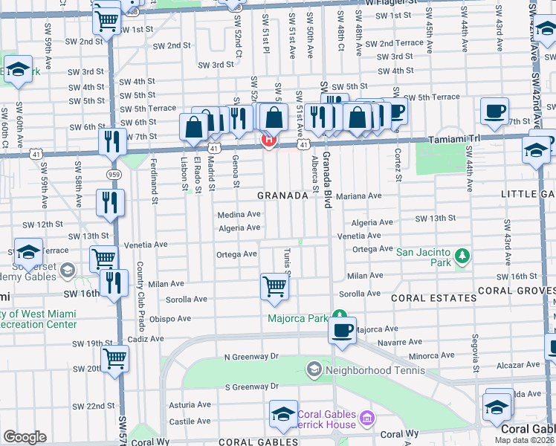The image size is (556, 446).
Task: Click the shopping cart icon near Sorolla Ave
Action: (x=274, y=286)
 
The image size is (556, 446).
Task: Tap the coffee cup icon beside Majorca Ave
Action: (x=342, y=330)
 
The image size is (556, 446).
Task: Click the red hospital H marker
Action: (x=268, y=139)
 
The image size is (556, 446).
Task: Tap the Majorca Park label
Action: (x=298, y=318)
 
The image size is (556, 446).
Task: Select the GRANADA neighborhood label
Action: (x=282, y=195)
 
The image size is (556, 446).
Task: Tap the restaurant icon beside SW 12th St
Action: (x=110, y=202)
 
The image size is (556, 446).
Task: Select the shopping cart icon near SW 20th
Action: (x=115, y=361)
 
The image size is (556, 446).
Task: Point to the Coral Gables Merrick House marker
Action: (x=366, y=419)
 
